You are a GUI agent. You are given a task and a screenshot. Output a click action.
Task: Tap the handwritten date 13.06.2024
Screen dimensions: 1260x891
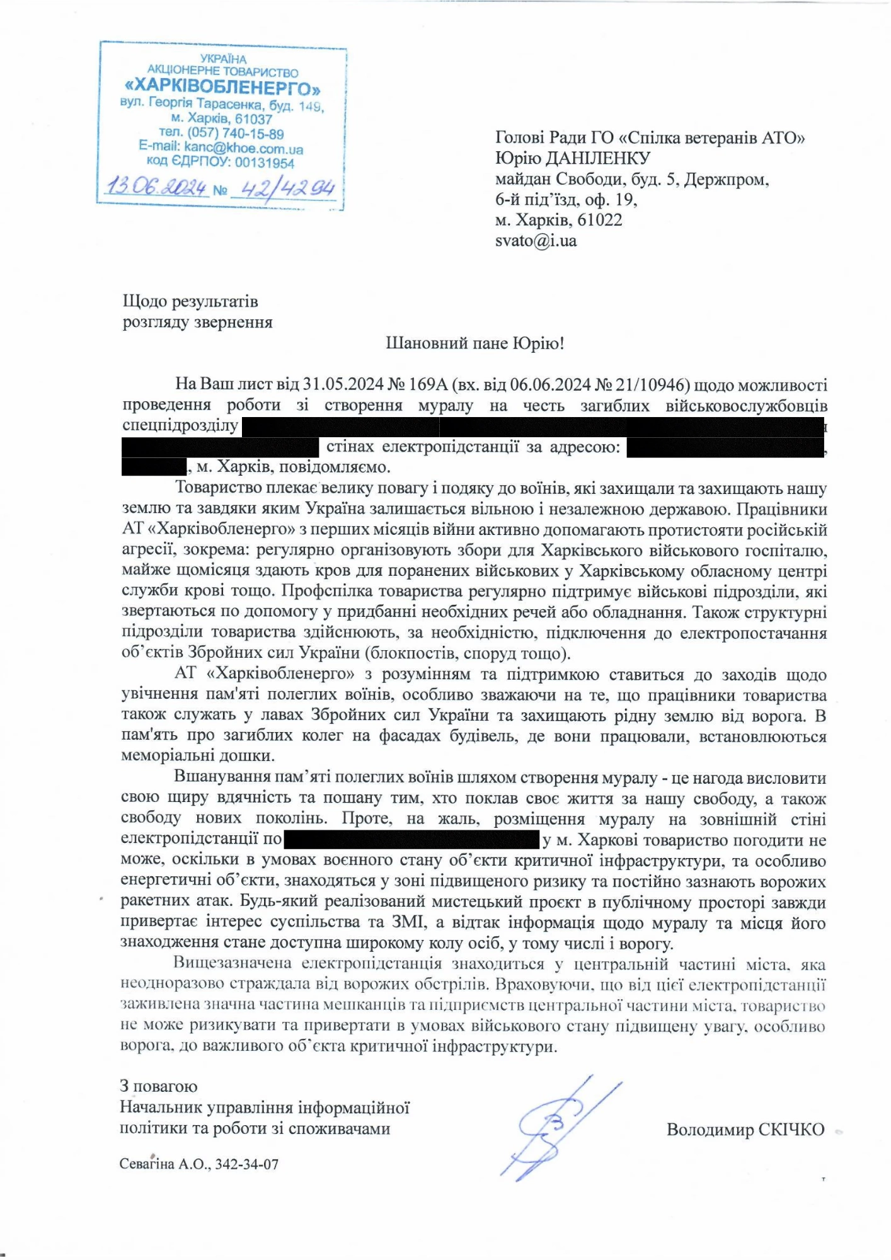156,186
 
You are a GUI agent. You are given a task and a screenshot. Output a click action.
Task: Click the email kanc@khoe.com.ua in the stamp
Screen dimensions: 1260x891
243,149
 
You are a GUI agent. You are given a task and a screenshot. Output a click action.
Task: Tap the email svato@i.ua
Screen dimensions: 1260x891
536,241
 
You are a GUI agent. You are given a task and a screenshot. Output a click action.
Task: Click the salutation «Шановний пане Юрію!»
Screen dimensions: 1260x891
475,343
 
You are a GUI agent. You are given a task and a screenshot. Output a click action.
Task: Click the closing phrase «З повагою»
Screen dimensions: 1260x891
158,1086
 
